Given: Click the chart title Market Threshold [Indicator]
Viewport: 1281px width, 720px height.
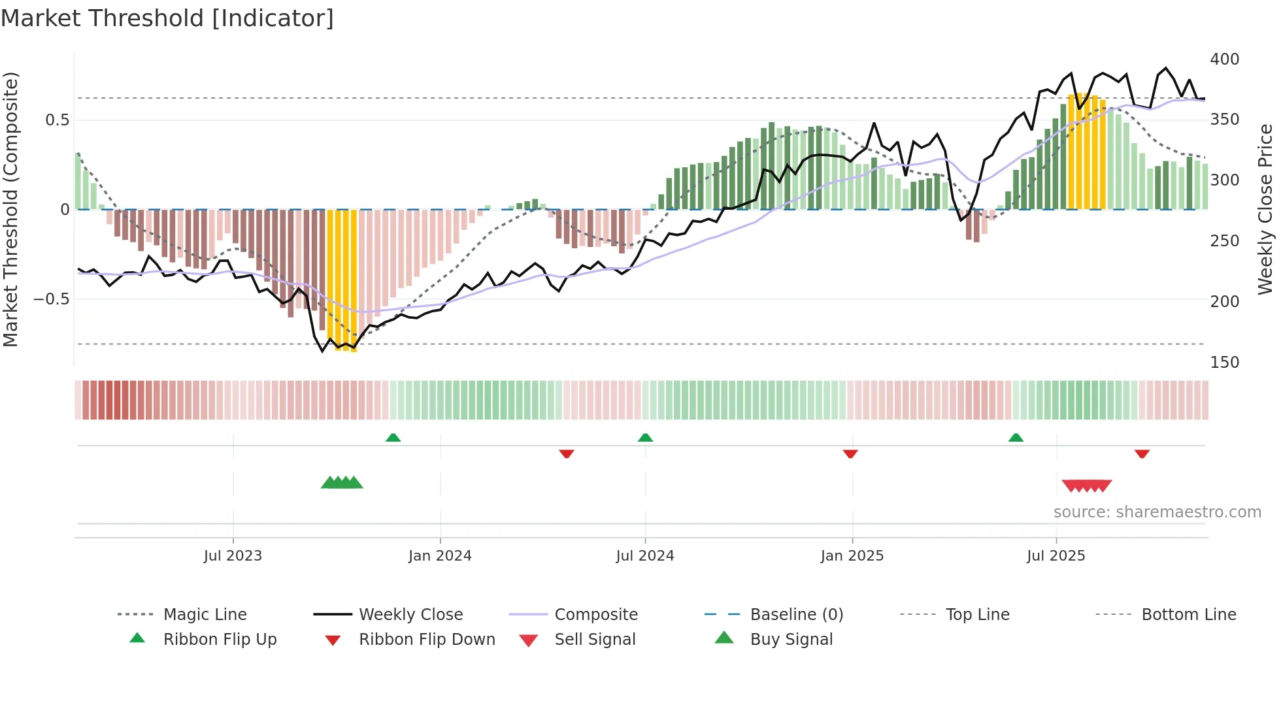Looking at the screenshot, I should [x=167, y=18].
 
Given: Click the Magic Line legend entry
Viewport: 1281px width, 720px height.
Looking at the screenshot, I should [x=205, y=615].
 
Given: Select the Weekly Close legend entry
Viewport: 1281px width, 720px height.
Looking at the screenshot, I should [x=410, y=615].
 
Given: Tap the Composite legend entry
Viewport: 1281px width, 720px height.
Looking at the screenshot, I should [x=595, y=615].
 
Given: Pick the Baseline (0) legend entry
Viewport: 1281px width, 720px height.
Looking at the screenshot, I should [x=796, y=615].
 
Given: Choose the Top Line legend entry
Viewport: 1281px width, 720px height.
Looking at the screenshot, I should [x=977, y=615].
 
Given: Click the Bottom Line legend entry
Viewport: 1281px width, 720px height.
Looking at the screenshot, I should [x=1188, y=615].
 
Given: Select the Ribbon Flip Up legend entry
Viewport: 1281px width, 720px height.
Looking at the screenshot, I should [x=220, y=640].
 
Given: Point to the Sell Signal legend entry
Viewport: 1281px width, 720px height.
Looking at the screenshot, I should [x=595, y=640].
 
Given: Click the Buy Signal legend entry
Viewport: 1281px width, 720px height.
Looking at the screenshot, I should [x=791, y=640].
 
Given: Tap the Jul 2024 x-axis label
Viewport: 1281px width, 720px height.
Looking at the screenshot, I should [x=644, y=556].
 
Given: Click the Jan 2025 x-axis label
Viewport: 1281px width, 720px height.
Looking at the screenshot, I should [x=852, y=556].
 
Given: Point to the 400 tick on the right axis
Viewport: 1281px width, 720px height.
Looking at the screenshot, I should [x=1224, y=59].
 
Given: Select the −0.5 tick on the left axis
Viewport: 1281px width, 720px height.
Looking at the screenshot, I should [x=51, y=299].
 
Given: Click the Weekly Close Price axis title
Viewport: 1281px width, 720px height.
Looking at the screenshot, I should [x=1265, y=209].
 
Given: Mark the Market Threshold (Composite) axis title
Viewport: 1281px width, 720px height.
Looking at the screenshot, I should [x=10, y=209].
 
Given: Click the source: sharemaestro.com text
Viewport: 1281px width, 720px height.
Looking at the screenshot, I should [x=1157, y=512].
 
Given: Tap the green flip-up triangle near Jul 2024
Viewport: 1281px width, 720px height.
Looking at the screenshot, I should [x=645, y=438].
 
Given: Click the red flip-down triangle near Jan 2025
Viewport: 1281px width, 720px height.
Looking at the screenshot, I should [x=850, y=453].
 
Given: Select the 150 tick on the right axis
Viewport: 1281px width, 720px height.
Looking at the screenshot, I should [x=1224, y=363].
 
